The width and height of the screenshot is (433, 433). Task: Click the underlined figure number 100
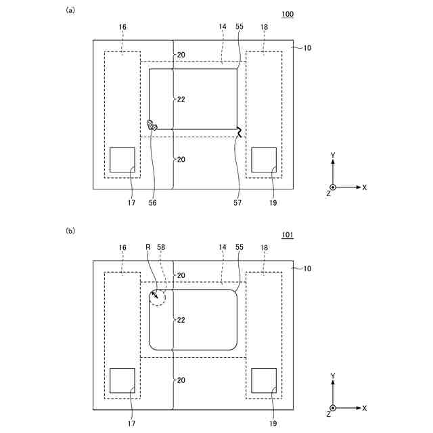click(288, 14)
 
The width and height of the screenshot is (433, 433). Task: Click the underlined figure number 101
click(288, 235)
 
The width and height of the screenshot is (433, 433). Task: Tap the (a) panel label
click(70, 10)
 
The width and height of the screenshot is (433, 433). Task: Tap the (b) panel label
click(70, 231)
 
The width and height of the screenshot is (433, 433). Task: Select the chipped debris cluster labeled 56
click(152, 125)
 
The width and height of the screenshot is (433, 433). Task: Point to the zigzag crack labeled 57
click(240, 132)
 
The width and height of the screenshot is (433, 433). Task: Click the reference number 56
click(152, 203)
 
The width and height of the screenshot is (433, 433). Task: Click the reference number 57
click(237, 203)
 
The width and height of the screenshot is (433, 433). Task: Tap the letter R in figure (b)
click(148, 247)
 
